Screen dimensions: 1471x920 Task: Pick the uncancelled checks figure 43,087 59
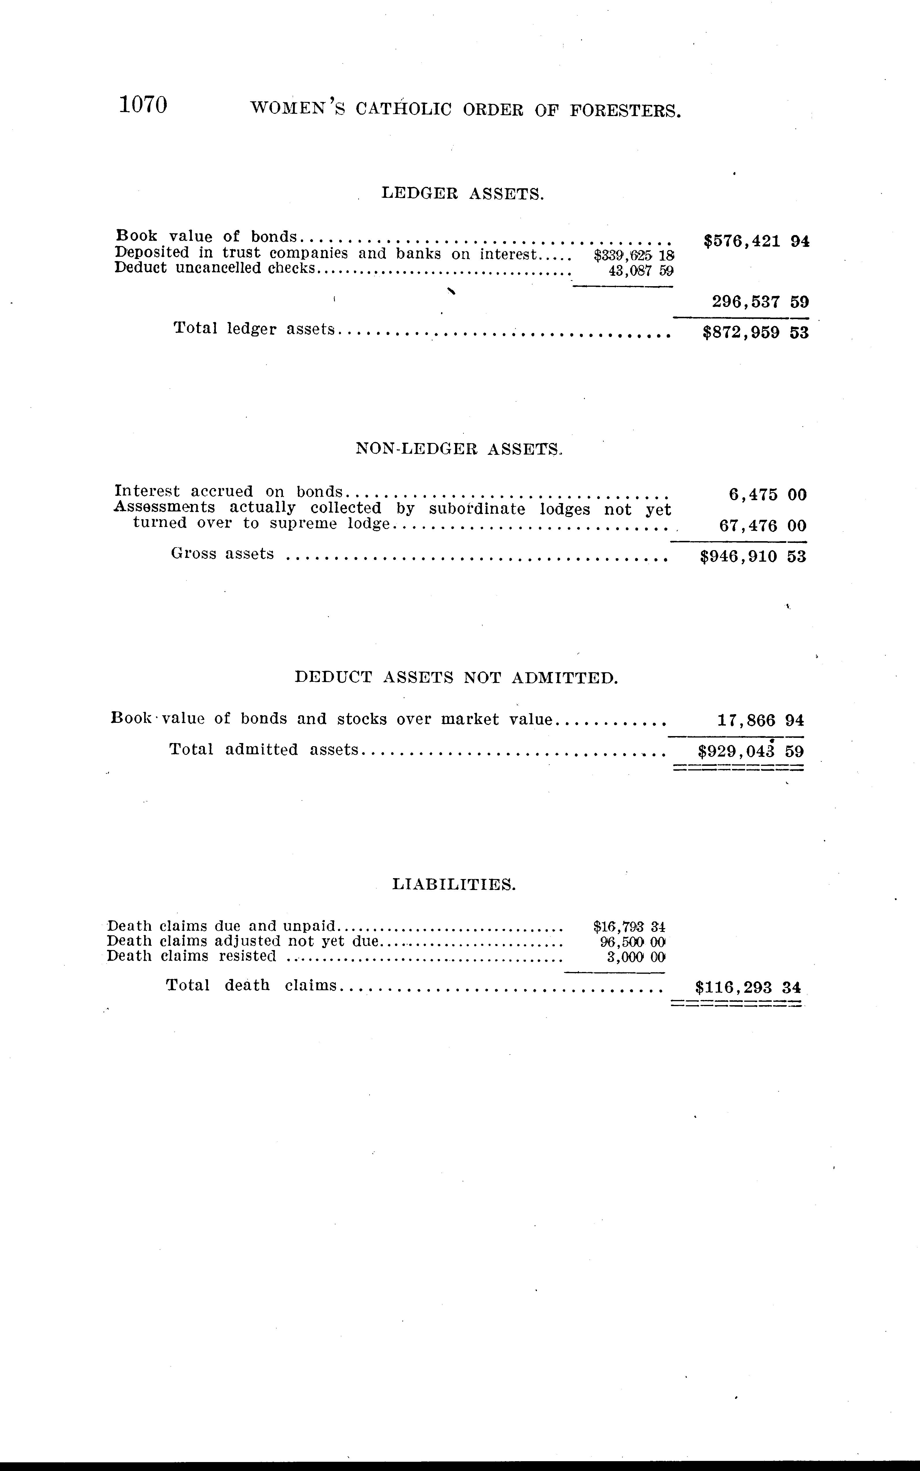(x=641, y=271)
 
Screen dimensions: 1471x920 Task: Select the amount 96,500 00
(x=633, y=941)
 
